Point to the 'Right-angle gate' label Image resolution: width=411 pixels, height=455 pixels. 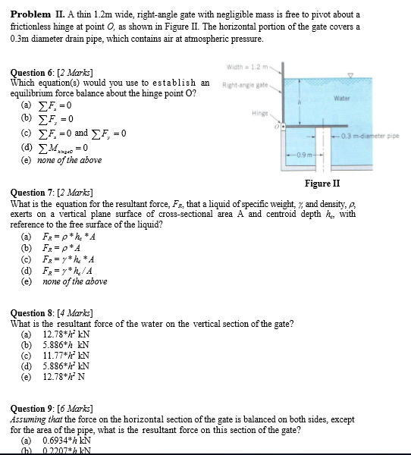click(x=241, y=84)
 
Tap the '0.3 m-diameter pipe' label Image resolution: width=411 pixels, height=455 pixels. click(x=375, y=135)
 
